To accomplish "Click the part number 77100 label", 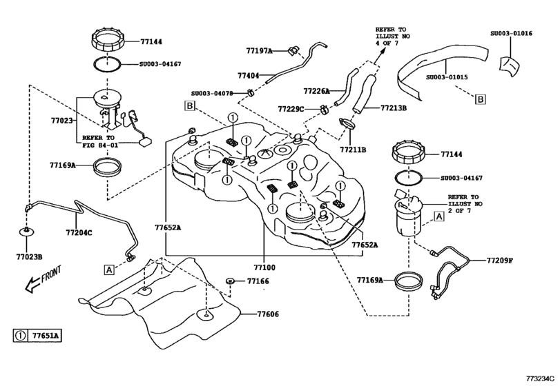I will point(264,267).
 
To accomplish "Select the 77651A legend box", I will point(37,336).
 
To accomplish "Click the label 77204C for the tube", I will point(79,233).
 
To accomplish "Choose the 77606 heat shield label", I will point(268,314).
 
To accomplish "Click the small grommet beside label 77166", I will point(229,281).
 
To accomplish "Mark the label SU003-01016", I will point(511,32).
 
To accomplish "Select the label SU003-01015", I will point(447,78).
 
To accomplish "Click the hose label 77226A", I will point(316,90).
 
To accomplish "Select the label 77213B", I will point(394,108).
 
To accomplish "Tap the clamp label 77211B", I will point(353,149).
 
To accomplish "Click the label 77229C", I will point(291,109).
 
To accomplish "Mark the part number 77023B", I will point(29,256).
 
